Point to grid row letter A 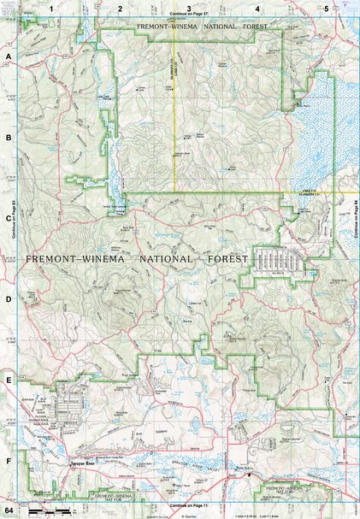(x=9, y=57)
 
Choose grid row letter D (x=9, y=299)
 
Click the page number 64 (x=9, y=510)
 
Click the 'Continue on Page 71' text (x=189, y=505)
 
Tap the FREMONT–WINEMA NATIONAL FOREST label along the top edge (x=202, y=27)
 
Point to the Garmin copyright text (x=189, y=511)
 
